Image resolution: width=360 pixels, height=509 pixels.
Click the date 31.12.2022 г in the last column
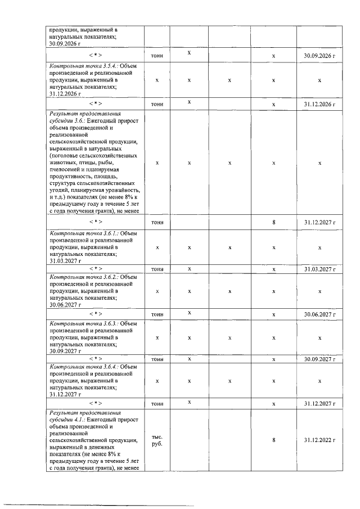pos(319,440)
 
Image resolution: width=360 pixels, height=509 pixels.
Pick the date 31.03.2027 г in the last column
pos(319,269)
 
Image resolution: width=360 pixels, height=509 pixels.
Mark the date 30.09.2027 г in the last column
pos(319,359)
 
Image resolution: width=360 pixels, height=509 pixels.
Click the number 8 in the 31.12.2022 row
pos(273,440)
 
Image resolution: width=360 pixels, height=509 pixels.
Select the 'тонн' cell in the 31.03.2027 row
pos(157,269)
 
